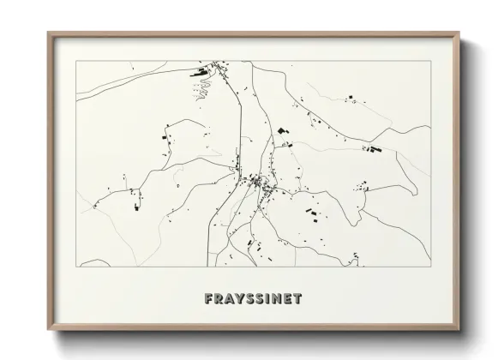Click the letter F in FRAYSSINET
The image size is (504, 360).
(209, 300)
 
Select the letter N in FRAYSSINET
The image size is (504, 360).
(279, 300)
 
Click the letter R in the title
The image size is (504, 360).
(219, 300)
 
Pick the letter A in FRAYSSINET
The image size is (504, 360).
(230, 300)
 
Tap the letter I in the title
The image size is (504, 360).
(270, 300)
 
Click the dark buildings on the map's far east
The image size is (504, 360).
(373, 150)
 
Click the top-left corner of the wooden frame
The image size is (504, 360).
(48, 33)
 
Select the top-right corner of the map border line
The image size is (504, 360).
(430, 61)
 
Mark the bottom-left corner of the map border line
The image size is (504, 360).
(75, 267)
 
